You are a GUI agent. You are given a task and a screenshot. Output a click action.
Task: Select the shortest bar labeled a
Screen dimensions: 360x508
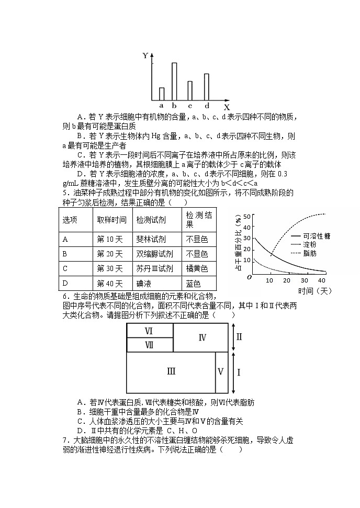162,94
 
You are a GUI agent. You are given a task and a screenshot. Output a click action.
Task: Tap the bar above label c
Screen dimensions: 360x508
190,91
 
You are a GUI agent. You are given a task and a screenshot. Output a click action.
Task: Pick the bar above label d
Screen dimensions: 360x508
206,87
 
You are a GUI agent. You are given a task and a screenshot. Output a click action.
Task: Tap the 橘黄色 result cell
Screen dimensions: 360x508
197,268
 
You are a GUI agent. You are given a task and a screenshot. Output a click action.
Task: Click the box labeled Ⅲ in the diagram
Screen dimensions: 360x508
171,371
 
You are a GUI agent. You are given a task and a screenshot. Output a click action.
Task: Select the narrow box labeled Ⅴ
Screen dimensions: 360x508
221,371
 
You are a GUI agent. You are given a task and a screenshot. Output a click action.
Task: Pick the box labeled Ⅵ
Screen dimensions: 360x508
149,331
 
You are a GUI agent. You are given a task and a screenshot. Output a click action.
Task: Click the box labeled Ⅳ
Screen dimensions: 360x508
203,337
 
